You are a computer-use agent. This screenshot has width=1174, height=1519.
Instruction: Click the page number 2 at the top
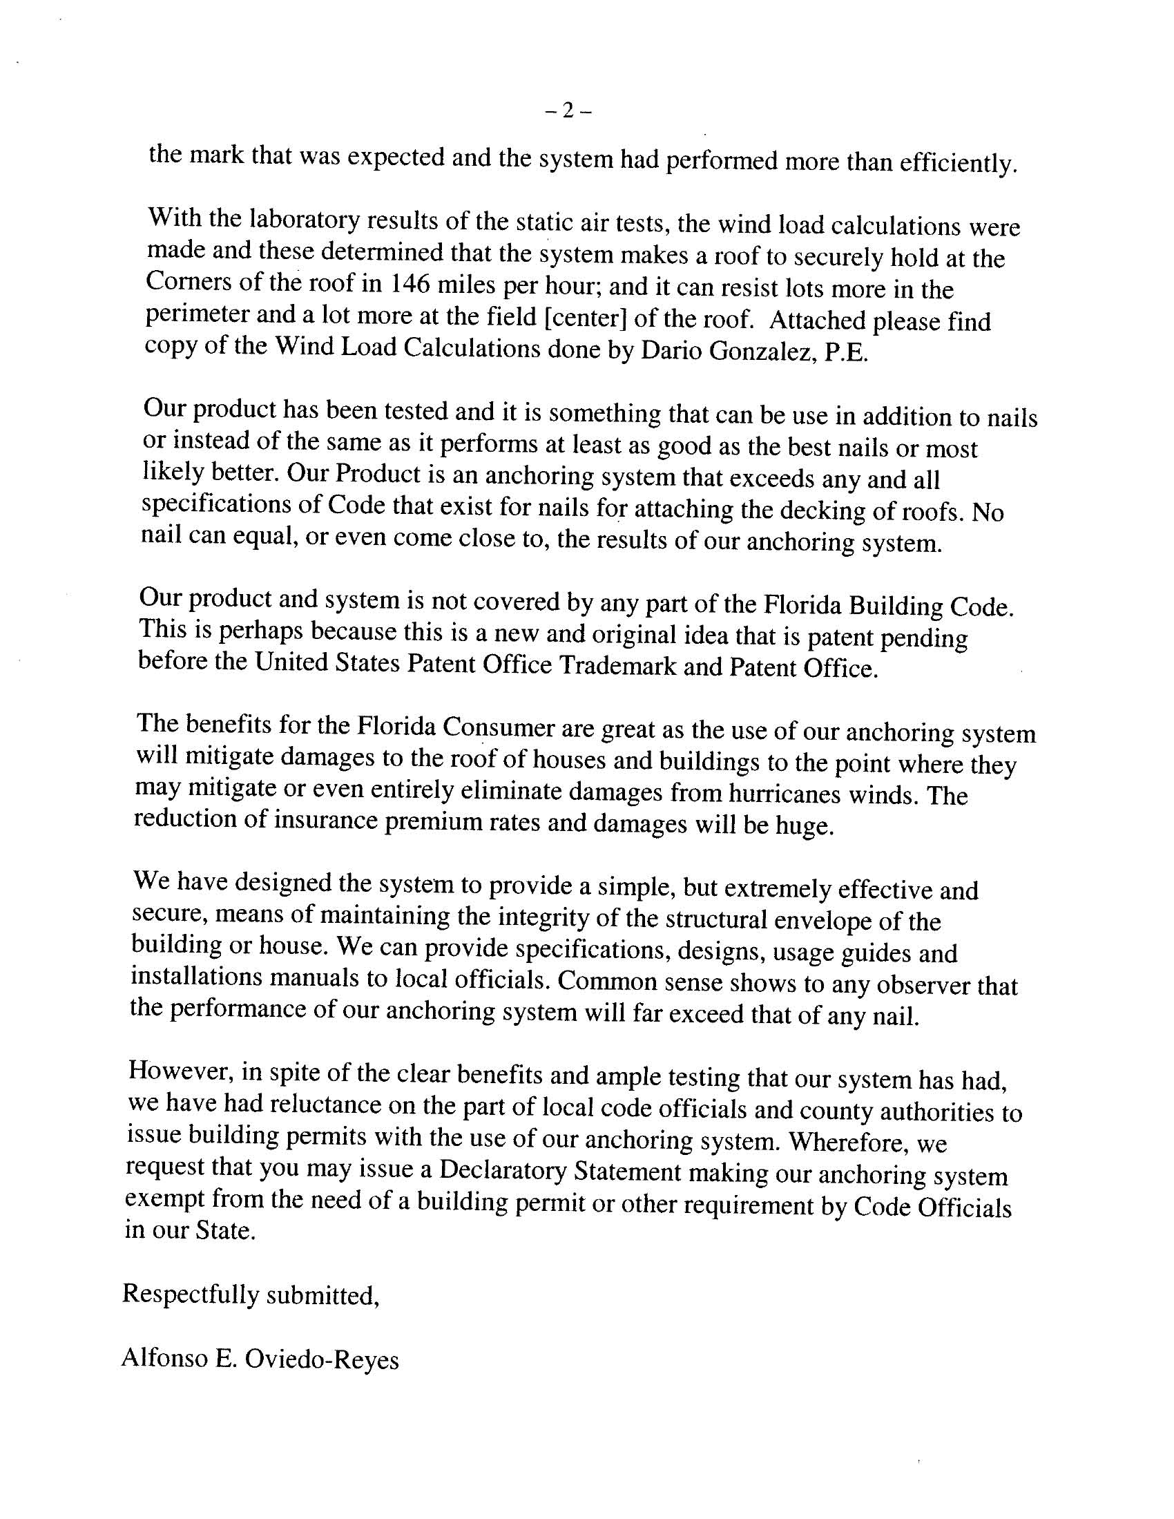click(568, 111)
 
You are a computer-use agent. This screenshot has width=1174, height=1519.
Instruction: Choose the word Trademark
click(617, 666)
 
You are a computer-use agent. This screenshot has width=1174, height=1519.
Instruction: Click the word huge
click(807, 825)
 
